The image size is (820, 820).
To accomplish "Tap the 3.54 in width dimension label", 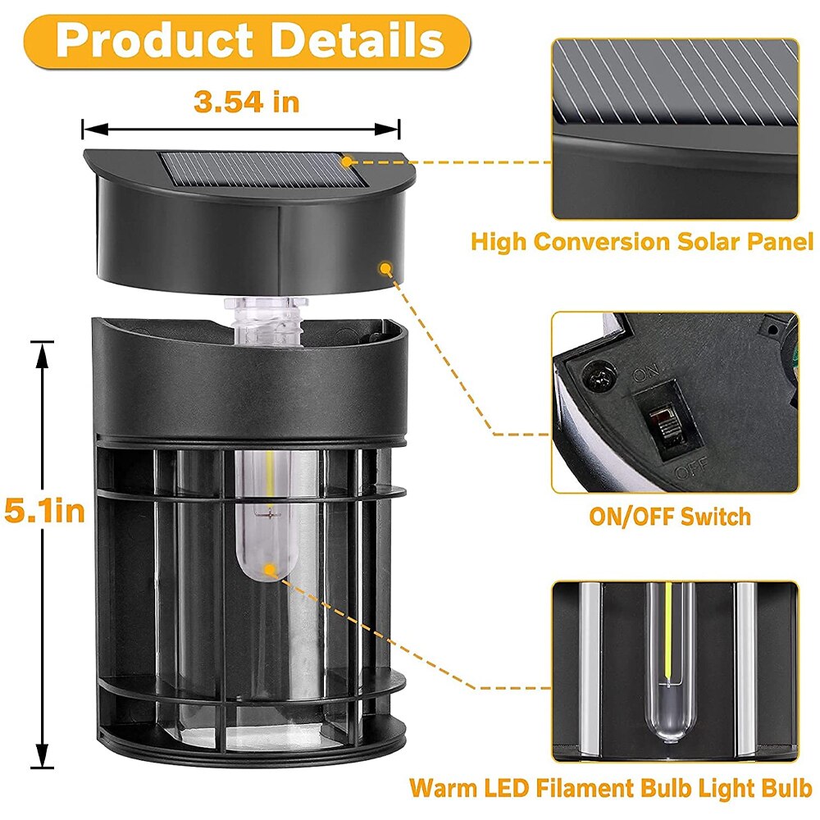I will pos(246,102).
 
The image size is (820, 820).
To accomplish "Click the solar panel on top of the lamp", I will pos(258,171).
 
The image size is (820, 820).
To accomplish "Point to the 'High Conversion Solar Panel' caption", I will pos(641,242).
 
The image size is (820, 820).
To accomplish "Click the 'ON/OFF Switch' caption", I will pos(669,517).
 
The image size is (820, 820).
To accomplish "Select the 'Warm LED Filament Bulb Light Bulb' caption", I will pos(611,788).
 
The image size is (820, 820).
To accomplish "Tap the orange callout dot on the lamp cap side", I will pos(385,266).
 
